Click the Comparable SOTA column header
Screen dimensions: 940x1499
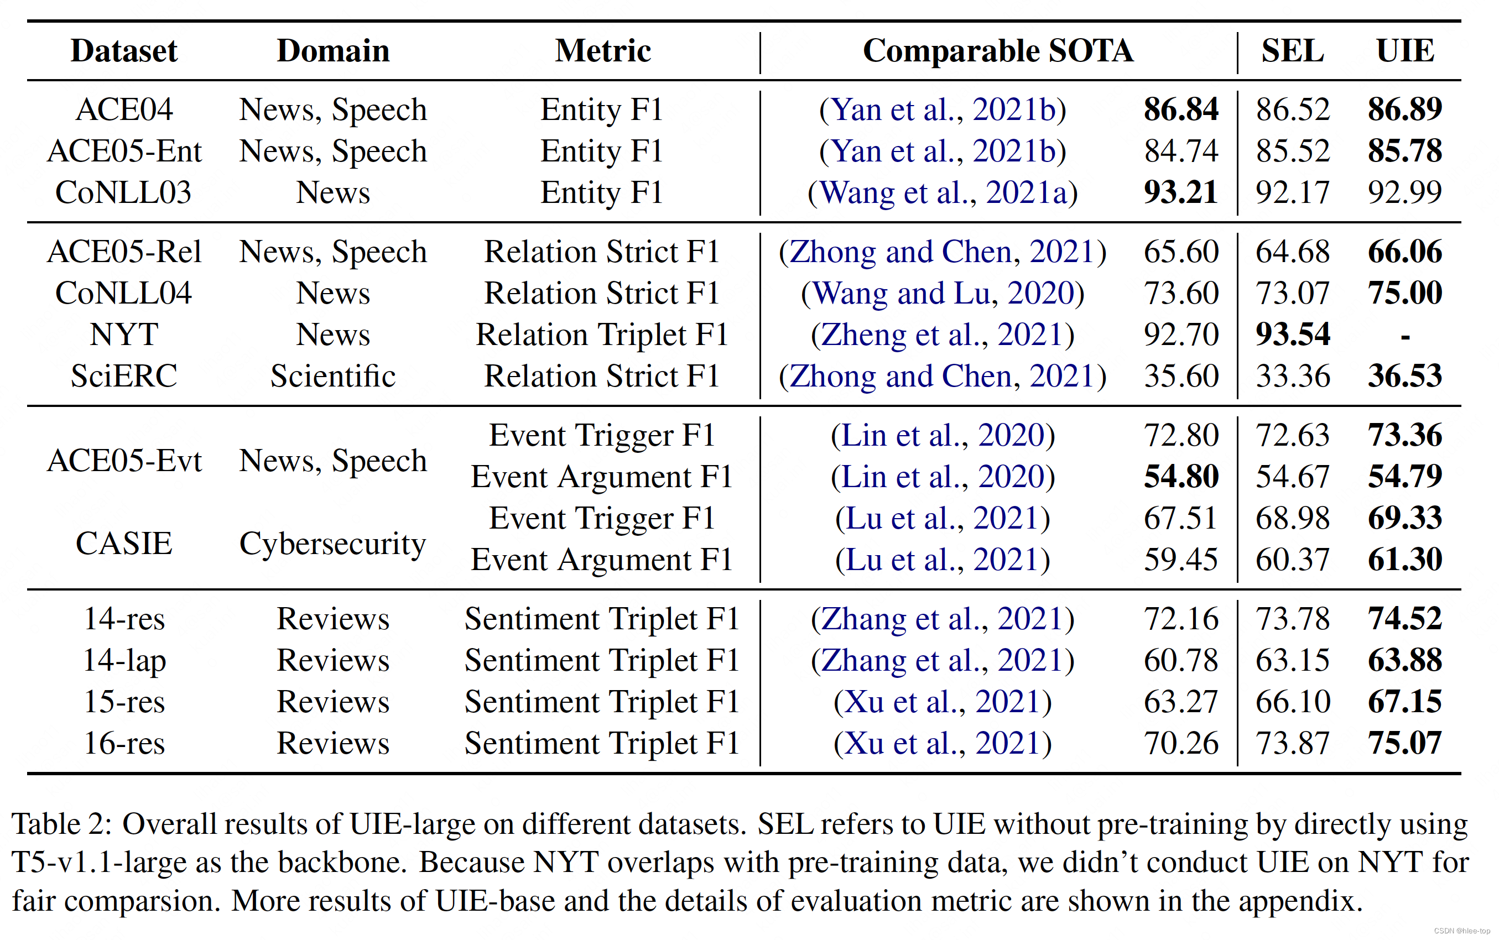tap(997, 51)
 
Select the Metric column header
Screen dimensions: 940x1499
tap(602, 51)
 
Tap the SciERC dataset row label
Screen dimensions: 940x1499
tap(124, 376)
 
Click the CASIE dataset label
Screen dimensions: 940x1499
tap(124, 544)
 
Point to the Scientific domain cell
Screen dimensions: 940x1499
tap(332, 376)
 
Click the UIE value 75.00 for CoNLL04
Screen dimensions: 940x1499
tap(1404, 293)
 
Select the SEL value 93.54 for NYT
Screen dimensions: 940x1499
tap(1292, 335)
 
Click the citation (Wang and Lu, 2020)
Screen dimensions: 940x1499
tap(942, 293)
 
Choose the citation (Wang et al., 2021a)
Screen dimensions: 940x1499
tap(942, 192)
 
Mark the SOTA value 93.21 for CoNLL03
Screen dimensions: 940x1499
tap(1180, 192)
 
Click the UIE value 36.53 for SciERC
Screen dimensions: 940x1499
tap(1404, 376)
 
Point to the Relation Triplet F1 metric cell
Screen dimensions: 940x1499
tap(601, 335)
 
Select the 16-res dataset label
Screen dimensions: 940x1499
tap(124, 743)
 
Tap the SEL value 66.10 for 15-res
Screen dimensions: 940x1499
tap(1292, 702)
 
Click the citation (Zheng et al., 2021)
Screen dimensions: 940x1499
tap(942, 335)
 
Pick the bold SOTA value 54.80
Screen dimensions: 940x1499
tap(1180, 477)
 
